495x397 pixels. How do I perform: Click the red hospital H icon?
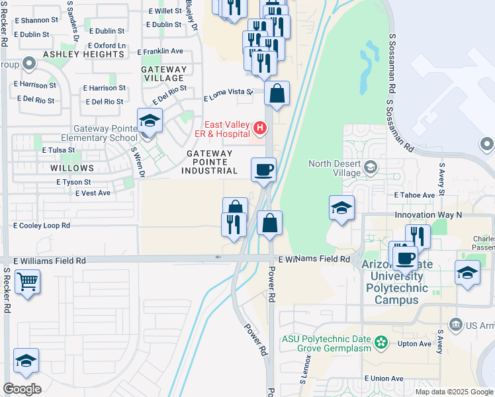(x=260, y=126)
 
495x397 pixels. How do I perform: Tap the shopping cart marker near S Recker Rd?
(x=27, y=282)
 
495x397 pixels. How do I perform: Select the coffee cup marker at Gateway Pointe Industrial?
(x=263, y=169)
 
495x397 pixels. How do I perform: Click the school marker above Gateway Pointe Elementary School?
(x=150, y=121)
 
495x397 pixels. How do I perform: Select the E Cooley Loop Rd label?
(x=41, y=226)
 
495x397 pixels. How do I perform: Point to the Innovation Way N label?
(x=428, y=215)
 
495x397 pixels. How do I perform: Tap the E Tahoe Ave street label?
(x=414, y=195)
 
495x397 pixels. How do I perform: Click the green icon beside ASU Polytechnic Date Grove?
(x=380, y=343)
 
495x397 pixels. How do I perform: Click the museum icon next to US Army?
(x=455, y=324)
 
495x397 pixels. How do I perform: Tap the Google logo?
(x=22, y=389)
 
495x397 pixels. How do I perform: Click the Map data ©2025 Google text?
(x=453, y=392)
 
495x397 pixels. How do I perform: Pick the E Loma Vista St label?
(x=228, y=95)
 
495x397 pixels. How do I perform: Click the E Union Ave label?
(x=383, y=378)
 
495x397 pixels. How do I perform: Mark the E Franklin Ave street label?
(x=160, y=51)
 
